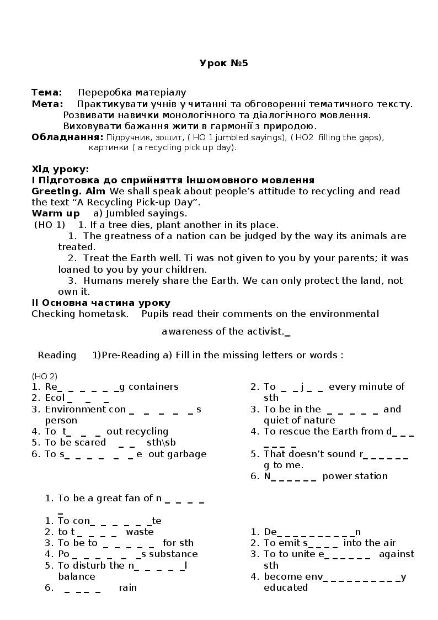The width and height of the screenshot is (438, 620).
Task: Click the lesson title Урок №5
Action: pyautogui.click(x=223, y=63)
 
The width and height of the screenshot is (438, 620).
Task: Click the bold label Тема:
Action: pyautogui.click(x=47, y=92)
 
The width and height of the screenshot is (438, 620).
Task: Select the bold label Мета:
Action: pyautogui.click(x=47, y=104)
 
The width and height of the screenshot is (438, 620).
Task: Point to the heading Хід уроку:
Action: pyautogui.click(x=60, y=169)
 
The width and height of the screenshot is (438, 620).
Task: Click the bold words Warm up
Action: pyautogui.click(x=56, y=213)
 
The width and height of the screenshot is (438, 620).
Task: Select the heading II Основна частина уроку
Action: pyautogui.click(x=101, y=303)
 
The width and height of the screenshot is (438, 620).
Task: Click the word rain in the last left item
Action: pyautogui.click(x=127, y=588)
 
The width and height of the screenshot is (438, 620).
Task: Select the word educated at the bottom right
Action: pyautogui.click(x=286, y=588)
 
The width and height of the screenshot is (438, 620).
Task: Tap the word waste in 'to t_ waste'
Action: pyautogui.click(x=140, y=532)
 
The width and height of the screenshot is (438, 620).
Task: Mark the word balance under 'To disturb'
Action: pyautogui.click(x=77, y=576)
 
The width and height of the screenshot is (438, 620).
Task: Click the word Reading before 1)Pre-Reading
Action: pyautogui.click(x=57, y=355)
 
